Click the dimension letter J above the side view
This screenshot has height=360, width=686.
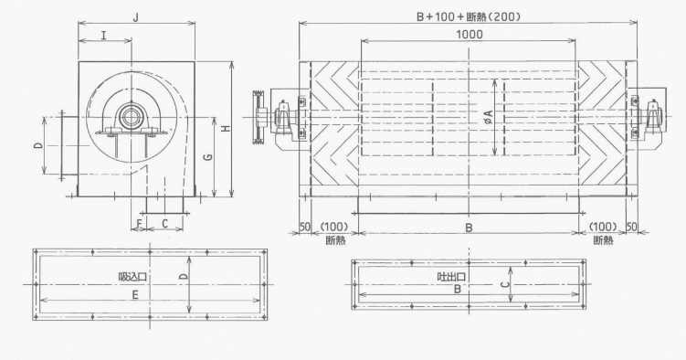[x=136, y=17]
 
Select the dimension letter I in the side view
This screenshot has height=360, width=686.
[x=104, y=35]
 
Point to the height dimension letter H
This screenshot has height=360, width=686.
[x=226, y=129]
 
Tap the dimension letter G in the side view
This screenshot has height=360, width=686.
[x=208, y=156]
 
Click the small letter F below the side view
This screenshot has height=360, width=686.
[x=139, y=224]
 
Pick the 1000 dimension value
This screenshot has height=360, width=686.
[x=470, y=34]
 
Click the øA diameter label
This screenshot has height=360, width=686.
[x=489, y=116]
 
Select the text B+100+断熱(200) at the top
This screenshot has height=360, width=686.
[x=468, y=16]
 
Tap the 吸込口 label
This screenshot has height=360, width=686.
[x=132, y=277]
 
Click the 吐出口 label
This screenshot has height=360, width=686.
[x=451, y=277]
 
